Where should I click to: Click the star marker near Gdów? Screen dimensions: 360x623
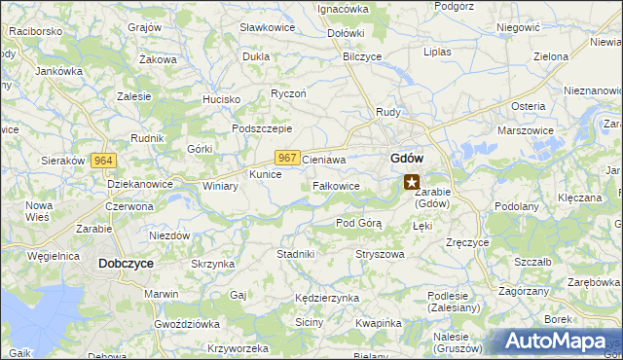tap(412, 182)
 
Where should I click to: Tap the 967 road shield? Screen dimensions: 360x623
tap(286, 157)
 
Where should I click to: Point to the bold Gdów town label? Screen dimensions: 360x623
tap(406, 158)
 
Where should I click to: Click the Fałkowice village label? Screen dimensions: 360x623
tap(337, 185)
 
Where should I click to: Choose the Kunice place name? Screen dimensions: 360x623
tap(266, 174)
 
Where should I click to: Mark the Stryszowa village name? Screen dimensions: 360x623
tap(380, 254)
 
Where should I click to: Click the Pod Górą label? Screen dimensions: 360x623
tap(358, 223)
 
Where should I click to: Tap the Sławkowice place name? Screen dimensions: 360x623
tap(267, 27)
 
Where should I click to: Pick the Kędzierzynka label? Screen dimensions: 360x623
tap(326, 296)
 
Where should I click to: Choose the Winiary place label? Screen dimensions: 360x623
tap(220, 185)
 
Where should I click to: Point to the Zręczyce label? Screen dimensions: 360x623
tap(465, 241)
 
